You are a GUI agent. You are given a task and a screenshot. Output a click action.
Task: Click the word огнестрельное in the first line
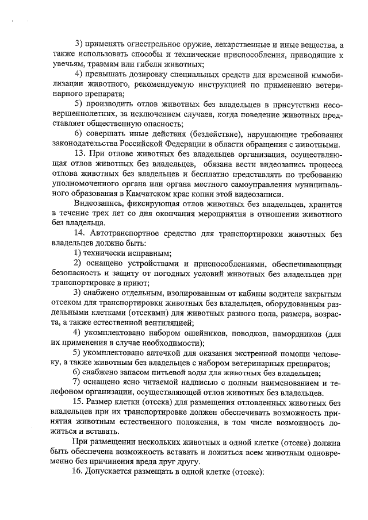(145, 44)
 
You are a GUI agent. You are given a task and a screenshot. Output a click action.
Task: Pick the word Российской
(141, 144)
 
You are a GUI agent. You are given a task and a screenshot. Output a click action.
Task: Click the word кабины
(216, 293)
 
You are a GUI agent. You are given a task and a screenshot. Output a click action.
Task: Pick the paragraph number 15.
(81, 402)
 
